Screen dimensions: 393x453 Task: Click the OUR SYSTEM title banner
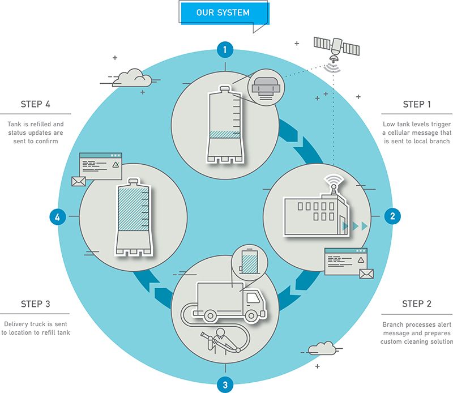(223, 12)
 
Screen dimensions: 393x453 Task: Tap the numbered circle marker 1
(225, 50)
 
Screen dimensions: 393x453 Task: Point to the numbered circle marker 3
(225, 385)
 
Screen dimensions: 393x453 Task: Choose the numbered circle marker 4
(57, 216)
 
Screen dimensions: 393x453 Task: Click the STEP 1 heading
(417, 104)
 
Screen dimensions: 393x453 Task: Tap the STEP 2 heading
(417, 304)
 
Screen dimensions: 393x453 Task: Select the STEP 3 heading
(36, 304)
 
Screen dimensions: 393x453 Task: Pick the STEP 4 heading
(36, 104)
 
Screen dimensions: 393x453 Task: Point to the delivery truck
(229, 300)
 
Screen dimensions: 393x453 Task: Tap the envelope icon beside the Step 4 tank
(78, 181)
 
